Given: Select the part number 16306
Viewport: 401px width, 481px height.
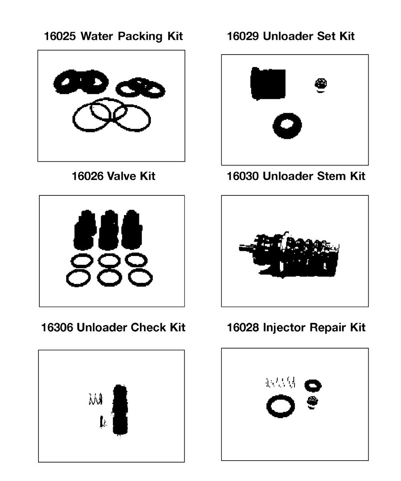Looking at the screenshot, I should click(57, 328).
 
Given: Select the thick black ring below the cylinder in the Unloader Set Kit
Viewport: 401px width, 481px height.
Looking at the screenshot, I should click(287, 125).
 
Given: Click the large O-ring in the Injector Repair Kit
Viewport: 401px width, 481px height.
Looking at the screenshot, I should click(280, 406).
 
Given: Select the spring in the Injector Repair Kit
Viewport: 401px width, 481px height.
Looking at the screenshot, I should click(281, 383).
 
